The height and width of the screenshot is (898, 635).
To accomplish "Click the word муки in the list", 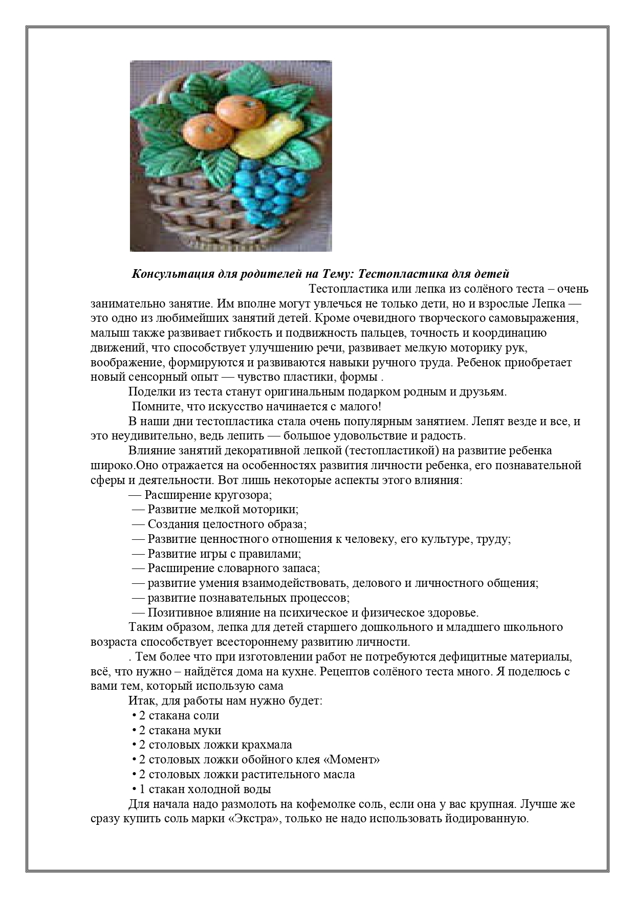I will (210, 730).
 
